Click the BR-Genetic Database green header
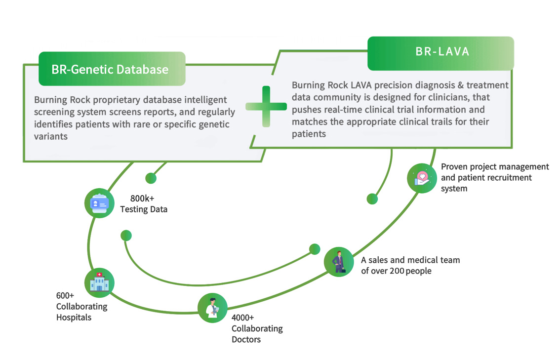click(x=112, y=69)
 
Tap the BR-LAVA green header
click(x=440, y=52)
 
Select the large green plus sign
click(x=266, y=106)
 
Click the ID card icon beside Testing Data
click(x=100, y=203)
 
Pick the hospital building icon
click(x=99, y=283)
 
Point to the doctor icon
click(x=212, y=308)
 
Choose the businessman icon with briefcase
click(x=339, y=262)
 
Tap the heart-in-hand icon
click(x=422, y=178)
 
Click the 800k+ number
click(x=142, y=199)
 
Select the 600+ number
click(x=65, y=295)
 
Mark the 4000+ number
click(x=242, y=318)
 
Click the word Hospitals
click(x=74, y=318)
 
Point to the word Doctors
click(x=246, y=339)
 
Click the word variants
click(x=51, y=136)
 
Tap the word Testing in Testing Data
click(x=134, y=209)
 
